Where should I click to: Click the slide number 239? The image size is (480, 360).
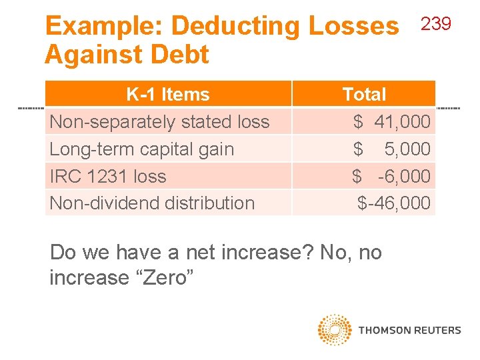(x=436, y=25)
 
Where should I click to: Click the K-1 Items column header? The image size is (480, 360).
(x=168, y=95)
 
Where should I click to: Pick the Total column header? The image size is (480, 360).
(x=364, y=95)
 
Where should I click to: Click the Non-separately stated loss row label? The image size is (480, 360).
(x=160, y=122)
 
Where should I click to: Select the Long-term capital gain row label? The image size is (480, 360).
(x=142, y=149)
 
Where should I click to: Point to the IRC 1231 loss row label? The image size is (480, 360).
(x=108, y=177)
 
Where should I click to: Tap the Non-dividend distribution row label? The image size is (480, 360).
(x=152, y=203)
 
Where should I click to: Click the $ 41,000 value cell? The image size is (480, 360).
(x=392, y=122)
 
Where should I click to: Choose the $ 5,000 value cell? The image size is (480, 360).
(x=392, y=149)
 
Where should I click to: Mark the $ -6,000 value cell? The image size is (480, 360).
(x=392, y=177)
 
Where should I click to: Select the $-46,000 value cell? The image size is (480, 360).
(x=394, y=203)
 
